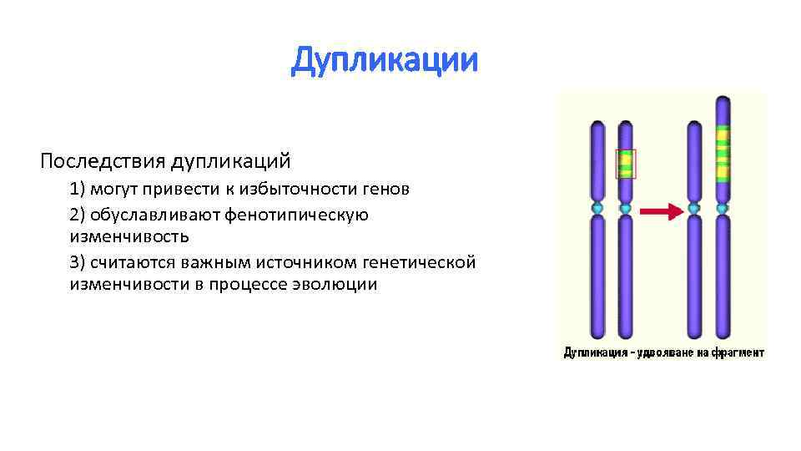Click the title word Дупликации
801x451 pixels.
pos(385,61)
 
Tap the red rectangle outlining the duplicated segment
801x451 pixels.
pos(626,164)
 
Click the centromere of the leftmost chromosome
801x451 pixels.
pos(597,206)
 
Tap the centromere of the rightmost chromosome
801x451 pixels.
pos(723,206)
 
